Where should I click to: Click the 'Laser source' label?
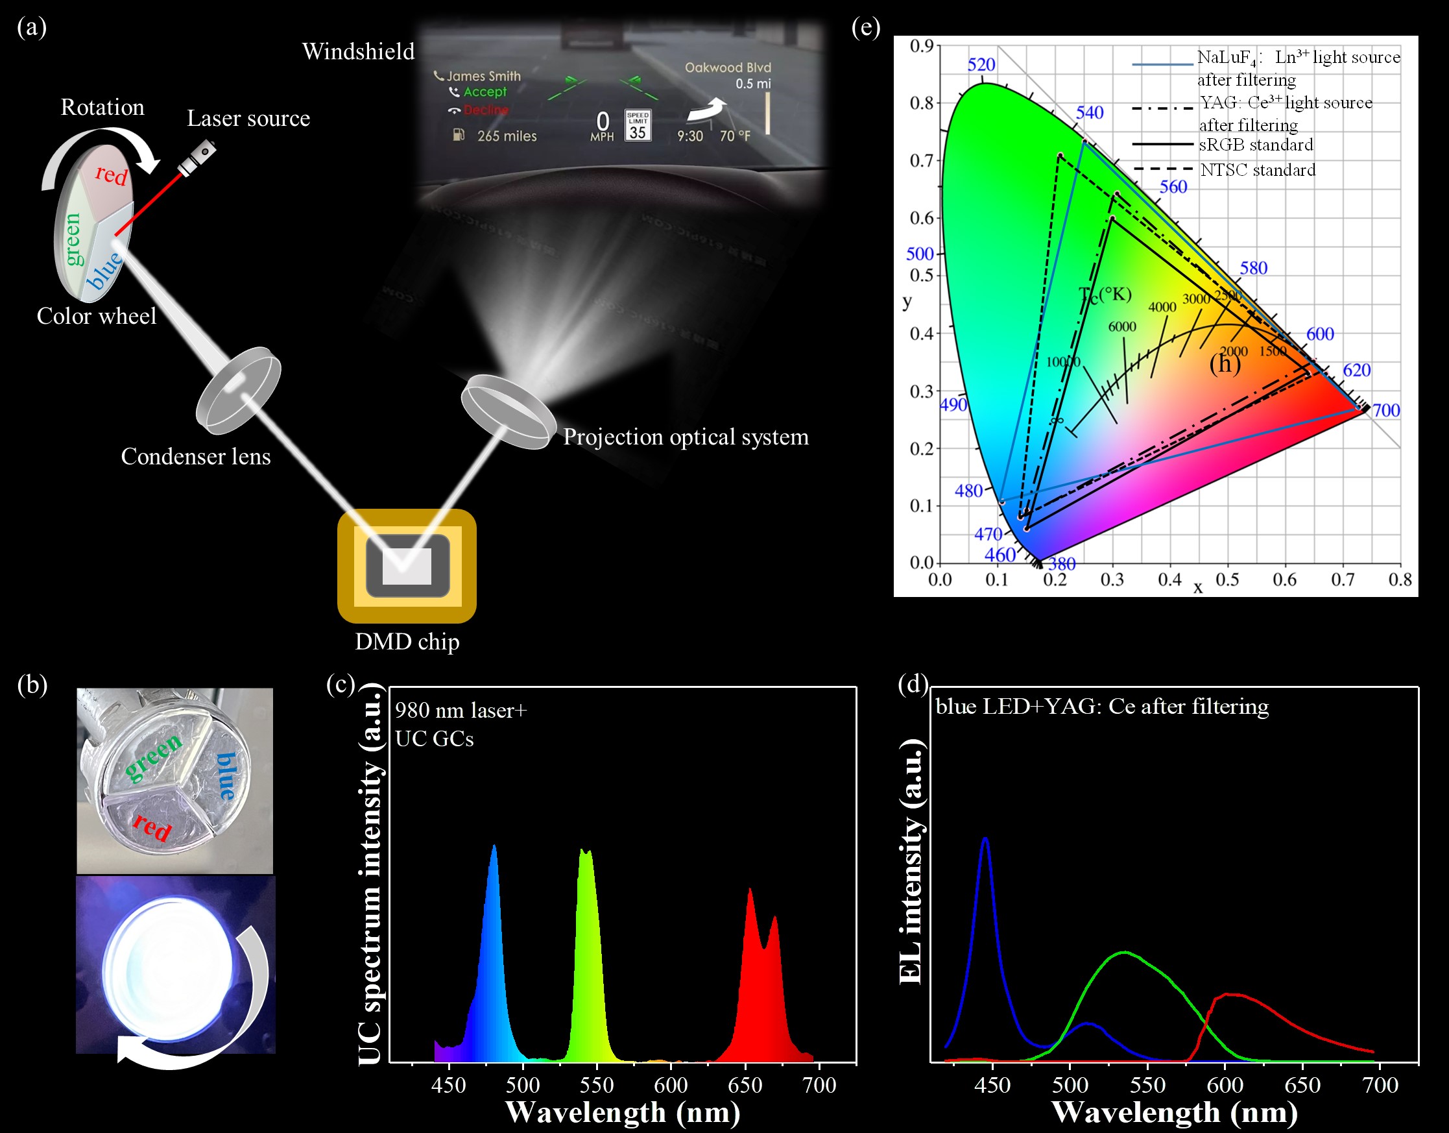[x=248, y=118]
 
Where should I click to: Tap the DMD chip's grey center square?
[x=407, y=566]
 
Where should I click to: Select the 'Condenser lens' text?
[x=196, y=457]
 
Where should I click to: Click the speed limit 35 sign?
[x=638, y=125]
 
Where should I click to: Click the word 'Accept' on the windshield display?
[x=485, y=92]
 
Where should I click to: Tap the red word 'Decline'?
[x=486, y=110]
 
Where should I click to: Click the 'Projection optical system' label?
[x=686, y=437]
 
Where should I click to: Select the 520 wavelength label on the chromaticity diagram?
[x=981, y=64]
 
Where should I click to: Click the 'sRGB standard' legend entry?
[x=1255, y=145]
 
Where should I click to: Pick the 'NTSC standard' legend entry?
[x=1257, y=170]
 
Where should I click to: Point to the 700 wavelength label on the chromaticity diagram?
[x=1386, y=410]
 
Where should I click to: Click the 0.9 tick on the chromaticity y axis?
[x=922, y=46]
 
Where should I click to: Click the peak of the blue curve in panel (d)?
[x=985, y=838]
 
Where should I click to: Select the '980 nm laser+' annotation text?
[x=461, y=710]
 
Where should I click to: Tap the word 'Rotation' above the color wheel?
[x=102, y=107]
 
